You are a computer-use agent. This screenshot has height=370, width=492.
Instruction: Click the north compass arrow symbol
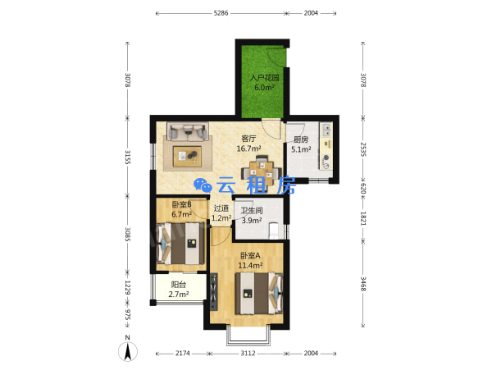pyautogui.click(x=128, y=351)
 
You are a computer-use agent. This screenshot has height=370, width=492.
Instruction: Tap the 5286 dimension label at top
pyautogui.click(x=221, y=13)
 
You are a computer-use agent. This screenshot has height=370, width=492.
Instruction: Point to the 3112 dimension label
pyautogui.click(x=248, y=354)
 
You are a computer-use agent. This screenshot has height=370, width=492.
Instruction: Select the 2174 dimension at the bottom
pyautogui.click(x=183, y=354)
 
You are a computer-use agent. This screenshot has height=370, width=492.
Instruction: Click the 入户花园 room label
pyautogui.click(x=264, y=77)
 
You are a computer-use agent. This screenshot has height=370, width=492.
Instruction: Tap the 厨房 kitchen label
pyautogui.click(x=301, y=139)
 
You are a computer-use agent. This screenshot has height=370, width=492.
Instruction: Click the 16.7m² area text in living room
pyautogui.click(x=248, y=148)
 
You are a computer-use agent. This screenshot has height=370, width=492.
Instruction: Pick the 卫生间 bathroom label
pyautogui.click(x=252, y=211)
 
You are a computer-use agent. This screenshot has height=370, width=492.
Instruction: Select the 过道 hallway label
pyautogui.click(x=221, y=208)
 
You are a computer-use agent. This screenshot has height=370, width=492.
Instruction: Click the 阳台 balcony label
pyautogui.click(x=179, y=285)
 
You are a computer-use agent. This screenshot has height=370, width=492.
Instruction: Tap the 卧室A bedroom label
pyautogui.click(x=250, y=256)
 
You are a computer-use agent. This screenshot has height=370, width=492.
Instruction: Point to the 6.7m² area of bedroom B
pyautogui.click(x=182, y=215)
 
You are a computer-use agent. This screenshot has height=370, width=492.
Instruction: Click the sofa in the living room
pyautogui.click(x=188, y=131)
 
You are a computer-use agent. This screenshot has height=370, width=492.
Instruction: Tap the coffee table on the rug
pyautogui.click(x=187, y=155)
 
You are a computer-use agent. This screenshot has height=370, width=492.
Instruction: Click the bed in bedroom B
pyautogui.click(x=180, y=243)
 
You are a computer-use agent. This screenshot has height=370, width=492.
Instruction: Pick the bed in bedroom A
pyautogui.click(x=259, y=293)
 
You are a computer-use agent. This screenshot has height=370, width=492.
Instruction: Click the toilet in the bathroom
pyautogui.click(x=274, y=230)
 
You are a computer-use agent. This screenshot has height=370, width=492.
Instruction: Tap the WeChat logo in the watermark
pyautogui.click(x=203, y=185)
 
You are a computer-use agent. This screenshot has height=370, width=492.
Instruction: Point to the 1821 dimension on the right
pyautogui.click(x=362, y=218)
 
